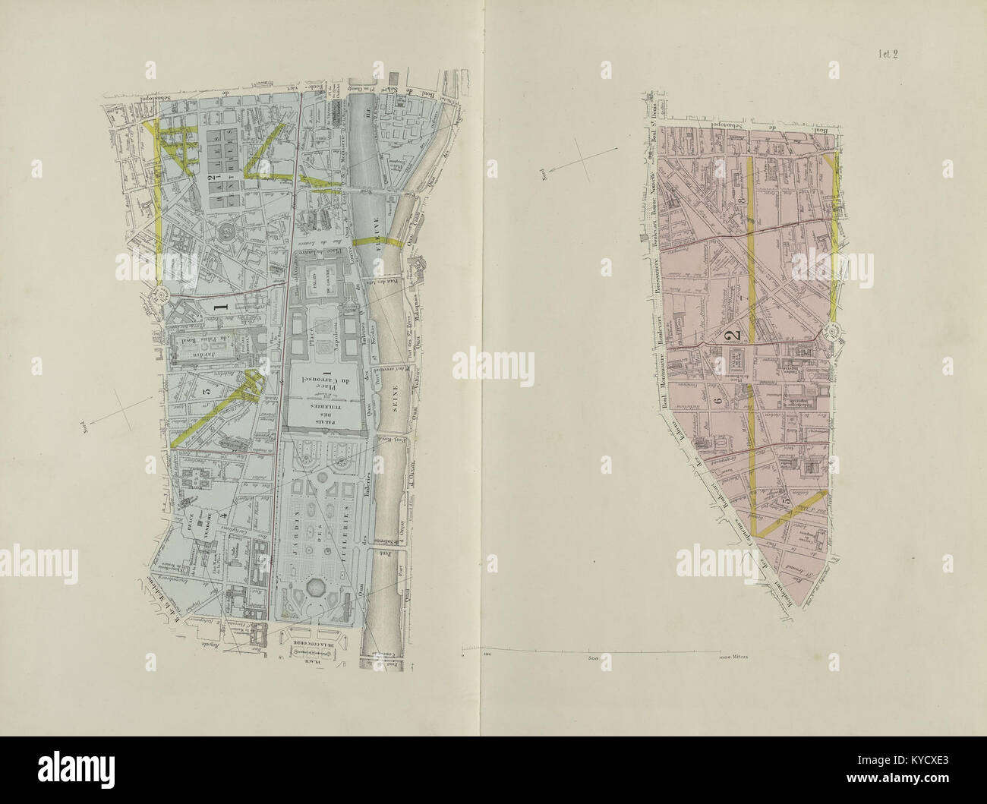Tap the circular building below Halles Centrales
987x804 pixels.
pyautogui.click(x=227, y=229)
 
